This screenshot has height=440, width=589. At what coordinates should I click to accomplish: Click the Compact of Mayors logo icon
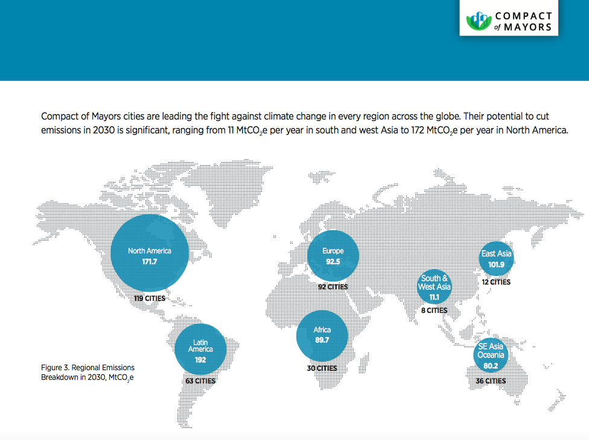(x=479, y=21)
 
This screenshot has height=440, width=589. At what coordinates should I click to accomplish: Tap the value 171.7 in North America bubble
(x=150, y=262)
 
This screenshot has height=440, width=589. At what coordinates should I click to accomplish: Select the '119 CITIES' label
(x=150, y=298)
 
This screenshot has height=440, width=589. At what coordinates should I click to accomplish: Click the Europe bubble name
(x=333, y=251)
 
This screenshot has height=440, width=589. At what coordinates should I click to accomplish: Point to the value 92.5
(x=333, y=262)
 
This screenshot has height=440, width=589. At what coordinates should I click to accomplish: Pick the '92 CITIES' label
(x=333, y=287)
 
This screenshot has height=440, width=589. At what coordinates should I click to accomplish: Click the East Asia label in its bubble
(x=496, y=254)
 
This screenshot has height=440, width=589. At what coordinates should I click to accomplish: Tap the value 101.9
(x=496, y=265)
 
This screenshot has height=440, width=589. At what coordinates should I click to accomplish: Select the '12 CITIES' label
(x=496, y=282)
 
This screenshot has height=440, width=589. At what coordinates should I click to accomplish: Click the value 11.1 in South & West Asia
(x=435, y=297)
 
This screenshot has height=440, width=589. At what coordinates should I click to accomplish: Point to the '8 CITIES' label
(x=435, y=310)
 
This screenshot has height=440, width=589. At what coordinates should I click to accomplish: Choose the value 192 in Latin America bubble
(x=200, y=360)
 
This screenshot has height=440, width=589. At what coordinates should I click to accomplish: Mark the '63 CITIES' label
(x=200, y=381)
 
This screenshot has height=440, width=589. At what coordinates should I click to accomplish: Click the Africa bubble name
(x=322, y=330)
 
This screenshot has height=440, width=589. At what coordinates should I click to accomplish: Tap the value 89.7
(x=322, y=340)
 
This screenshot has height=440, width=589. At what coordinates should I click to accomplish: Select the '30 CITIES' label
(x=322, y=368)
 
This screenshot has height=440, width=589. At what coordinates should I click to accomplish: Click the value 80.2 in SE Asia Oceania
(x=491, y=366)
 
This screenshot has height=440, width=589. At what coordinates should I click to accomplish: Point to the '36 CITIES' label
(x=491, y=381)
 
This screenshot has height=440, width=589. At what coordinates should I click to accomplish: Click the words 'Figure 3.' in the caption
(x=56, y=368)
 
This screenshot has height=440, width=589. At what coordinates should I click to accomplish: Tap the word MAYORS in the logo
(x=528, y=27)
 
